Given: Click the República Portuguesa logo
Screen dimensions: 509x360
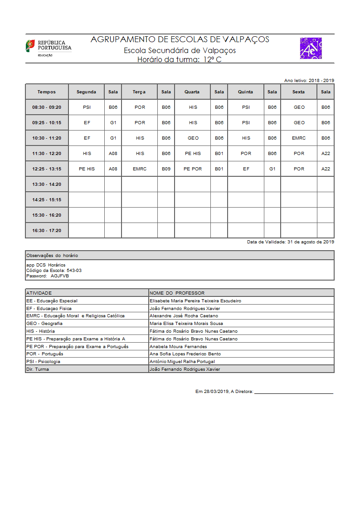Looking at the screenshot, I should [48, 48].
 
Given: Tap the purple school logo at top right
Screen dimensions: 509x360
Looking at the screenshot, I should [311, 48].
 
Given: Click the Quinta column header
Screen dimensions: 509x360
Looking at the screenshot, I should [246, 92].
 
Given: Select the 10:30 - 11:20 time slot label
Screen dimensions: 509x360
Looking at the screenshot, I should [47, 138].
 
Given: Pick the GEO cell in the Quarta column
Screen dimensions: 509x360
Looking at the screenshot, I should [193, 138].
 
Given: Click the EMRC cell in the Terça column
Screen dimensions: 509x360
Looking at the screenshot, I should [140, 169].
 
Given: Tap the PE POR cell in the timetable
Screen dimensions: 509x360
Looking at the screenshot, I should [193, 169].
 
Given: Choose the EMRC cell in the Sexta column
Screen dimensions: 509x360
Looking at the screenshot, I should [299, 138].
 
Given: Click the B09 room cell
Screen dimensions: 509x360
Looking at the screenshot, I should [166, 169].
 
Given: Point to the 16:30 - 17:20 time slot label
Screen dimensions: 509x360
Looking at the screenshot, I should [47, 231].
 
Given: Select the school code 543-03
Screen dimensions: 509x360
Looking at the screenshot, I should [74, 270].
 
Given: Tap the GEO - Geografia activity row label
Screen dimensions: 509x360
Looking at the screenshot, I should [44, 324].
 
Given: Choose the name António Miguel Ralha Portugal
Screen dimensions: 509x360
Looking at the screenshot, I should [182, 362].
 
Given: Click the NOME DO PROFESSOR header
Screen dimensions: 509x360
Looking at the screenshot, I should [177, 293].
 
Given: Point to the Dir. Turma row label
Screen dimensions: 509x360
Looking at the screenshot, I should [38, 369].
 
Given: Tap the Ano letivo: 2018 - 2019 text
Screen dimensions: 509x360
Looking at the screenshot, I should [309, 80].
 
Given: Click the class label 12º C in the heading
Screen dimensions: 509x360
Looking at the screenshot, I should [212, 59].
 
